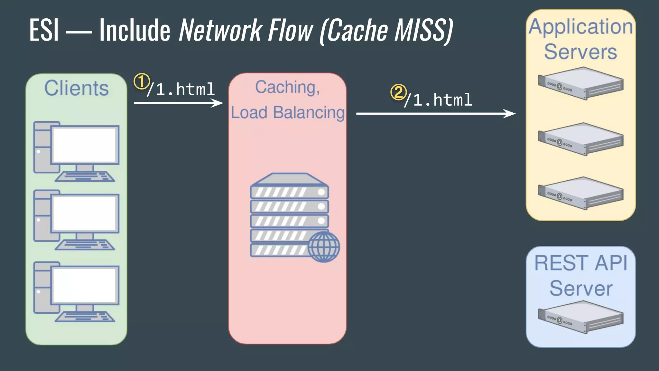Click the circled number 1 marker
[141, 81]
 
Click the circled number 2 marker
[398, 92]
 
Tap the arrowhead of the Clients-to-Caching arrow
[218, 103]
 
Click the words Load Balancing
[287, 112]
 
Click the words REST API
[581, 263]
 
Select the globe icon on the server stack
[323, 247]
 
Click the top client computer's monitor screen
[84, 145]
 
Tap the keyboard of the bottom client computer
[85, 317]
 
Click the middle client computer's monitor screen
[84, 214]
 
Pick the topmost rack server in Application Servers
[581, 83]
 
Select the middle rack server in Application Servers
[581, 139]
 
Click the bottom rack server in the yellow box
[581, 193]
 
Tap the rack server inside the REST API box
[581, 317]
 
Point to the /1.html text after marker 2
[438, 100]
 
